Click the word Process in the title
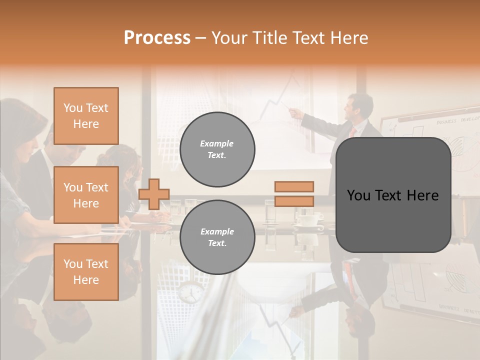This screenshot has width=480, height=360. tap(157, 38)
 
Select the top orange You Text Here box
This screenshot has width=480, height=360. tap(86, 116)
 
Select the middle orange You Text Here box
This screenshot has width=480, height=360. tap(86, 195)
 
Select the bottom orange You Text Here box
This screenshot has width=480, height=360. tap(86, 272)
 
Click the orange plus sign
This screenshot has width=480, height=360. tap(154, 194)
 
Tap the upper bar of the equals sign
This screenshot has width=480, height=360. tap(294, 186)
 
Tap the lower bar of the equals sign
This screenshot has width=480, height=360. tap(294, 201)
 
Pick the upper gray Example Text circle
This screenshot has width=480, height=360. tap(217, 149)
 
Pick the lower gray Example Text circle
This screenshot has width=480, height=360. tap(217, 237)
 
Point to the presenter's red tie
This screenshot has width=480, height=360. tap(353, 131)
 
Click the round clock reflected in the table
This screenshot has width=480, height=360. tap(190, 292)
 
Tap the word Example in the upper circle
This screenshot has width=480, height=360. tap(217, 143)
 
